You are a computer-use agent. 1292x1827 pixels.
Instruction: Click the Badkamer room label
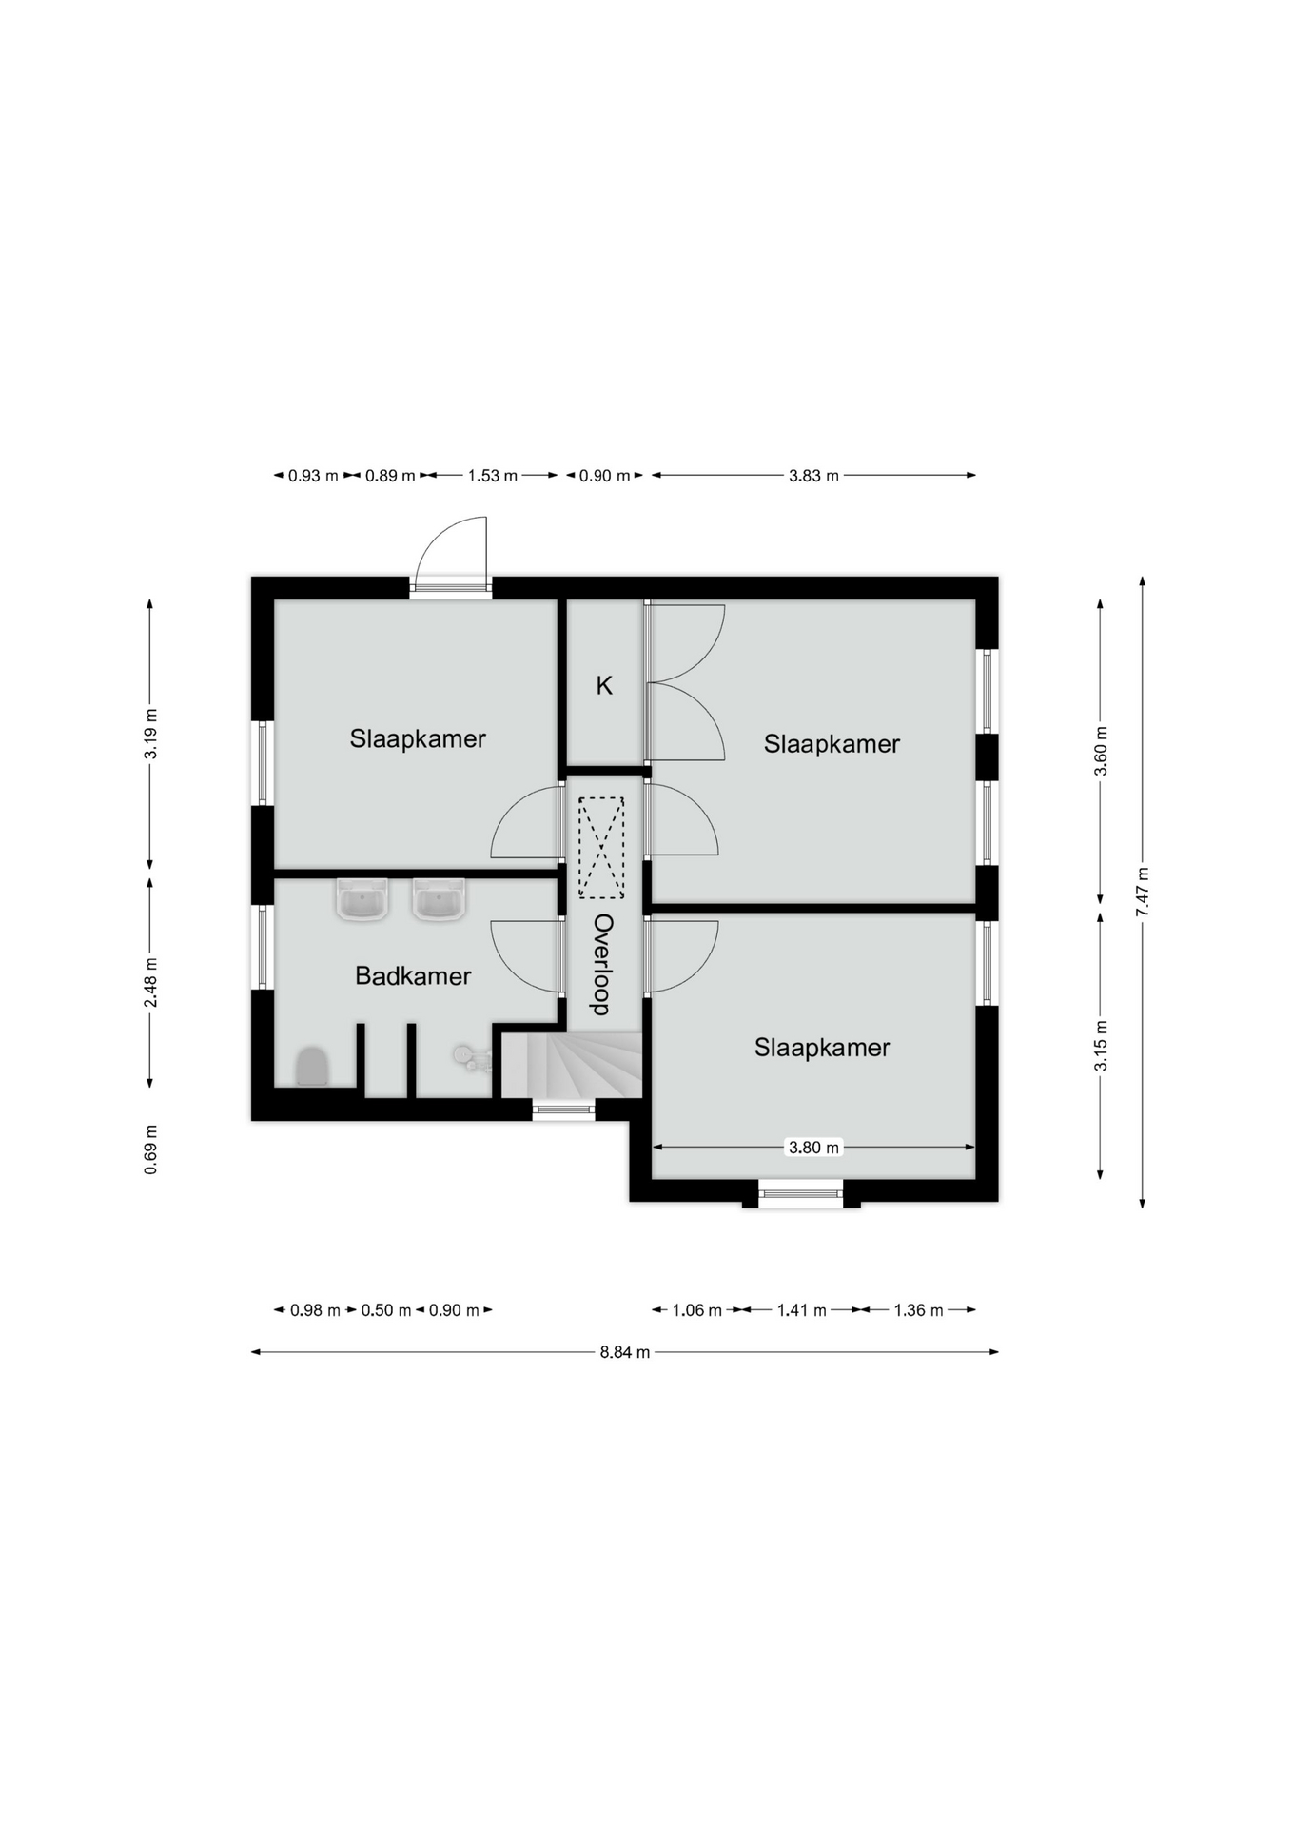[413, 975]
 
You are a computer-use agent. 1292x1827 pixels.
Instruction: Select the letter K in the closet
[604, 685]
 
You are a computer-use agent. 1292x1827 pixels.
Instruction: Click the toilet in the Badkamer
[311, 1067]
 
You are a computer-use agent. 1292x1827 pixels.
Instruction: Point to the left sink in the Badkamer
[362, 899]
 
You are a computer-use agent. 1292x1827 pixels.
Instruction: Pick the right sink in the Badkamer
[439, 899]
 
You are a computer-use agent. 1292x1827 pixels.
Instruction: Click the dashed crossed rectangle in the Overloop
[601, 848]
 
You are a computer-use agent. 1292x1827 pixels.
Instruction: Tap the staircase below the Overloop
[572, 1066]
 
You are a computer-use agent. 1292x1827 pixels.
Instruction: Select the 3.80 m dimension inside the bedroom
[813, 1148]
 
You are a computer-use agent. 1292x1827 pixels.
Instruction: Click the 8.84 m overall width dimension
[625, 1352]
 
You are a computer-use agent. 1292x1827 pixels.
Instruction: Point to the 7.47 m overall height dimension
[1143, 892]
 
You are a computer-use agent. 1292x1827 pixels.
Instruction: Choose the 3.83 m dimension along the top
[813, 475]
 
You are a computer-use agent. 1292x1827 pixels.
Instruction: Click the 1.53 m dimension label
[492, 475]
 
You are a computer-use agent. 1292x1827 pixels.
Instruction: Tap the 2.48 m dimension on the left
[150, 982]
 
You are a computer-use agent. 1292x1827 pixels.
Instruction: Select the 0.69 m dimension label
[150, 1149]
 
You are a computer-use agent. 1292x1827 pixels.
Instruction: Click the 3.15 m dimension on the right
[1101, 1046]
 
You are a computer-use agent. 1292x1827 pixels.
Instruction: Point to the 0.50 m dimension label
[385, 1310]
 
